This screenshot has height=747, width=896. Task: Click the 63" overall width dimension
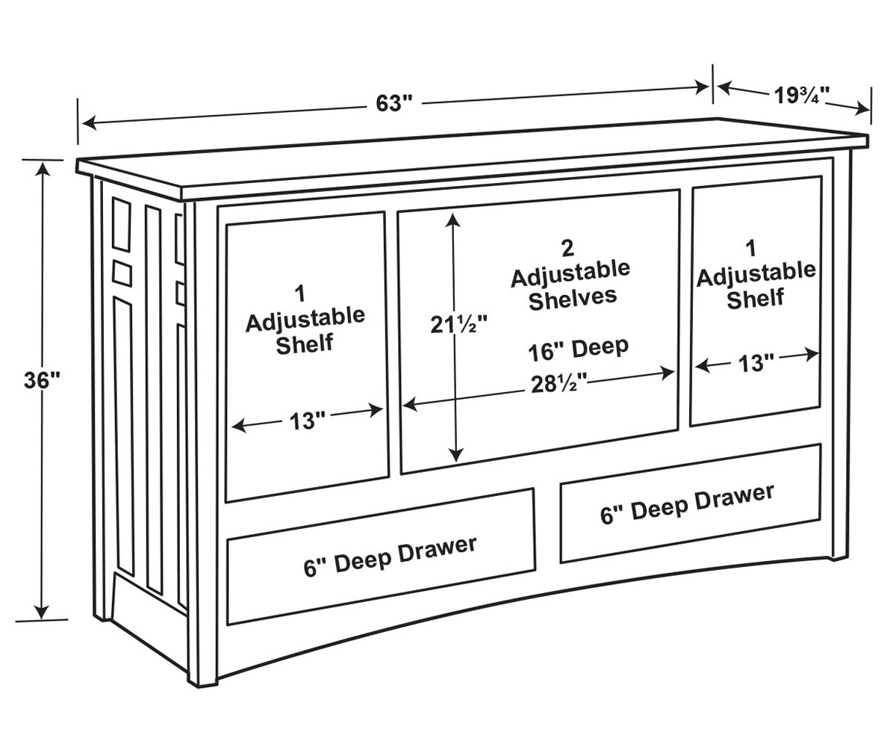pos(394,103)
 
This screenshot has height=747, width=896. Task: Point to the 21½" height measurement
pos(458,326)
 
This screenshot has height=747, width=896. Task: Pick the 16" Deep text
pos(579,349)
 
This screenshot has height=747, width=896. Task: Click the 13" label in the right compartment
pos(757,364)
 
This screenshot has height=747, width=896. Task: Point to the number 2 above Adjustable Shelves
pos(567,247)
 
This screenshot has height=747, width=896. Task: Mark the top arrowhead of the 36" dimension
pos(43,168)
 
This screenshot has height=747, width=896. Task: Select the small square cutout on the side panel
pos(122,271)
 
